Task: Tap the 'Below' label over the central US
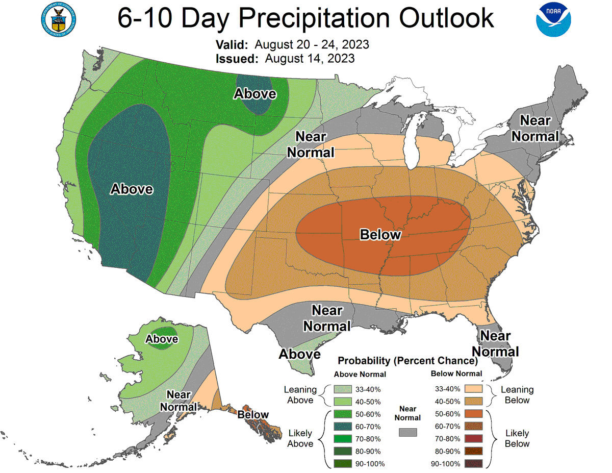point(380,235)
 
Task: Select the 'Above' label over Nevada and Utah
point(132,189)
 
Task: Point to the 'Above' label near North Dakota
point(255,94)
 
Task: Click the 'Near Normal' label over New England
point(535,129)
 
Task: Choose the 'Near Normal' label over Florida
point(495,344)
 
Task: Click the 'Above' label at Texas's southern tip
point(299,354)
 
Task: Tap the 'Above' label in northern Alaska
point(162,339)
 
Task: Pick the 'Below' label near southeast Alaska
point(253,415)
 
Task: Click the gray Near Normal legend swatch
point(407,432)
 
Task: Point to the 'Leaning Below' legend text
point(517,395)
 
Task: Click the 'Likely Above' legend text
point(300,438)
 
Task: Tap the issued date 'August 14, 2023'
point(310,58)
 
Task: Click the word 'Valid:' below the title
point(233,44)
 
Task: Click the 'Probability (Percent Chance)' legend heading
point(407,361)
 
